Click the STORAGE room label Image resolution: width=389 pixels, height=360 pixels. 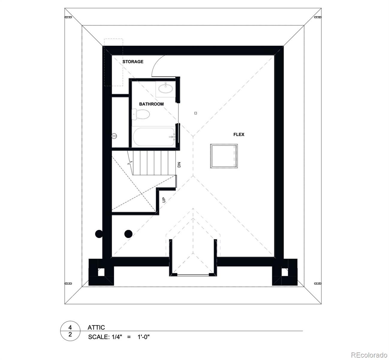pos(133,61)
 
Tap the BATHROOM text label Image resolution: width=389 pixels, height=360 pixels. pos(151,104)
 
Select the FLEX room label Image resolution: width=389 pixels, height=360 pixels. pos(239,134)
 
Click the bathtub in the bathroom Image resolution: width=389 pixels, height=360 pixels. pos(154,137)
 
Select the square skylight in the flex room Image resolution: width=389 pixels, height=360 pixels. pos(224,156)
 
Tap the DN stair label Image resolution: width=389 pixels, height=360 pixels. pos(179,164)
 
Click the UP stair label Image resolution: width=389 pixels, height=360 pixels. pos(164,199)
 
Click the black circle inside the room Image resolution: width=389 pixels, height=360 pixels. pos(128,233)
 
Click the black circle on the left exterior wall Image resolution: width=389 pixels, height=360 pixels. pos(99,234)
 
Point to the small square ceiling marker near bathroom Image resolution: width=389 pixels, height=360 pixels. pos(195,113)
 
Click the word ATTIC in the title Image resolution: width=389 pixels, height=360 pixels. pos(96,327)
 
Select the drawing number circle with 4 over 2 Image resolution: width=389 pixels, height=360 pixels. pos(70,331)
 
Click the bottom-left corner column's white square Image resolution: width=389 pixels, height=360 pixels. pos(101,272)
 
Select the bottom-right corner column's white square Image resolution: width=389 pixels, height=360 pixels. pos(284,272)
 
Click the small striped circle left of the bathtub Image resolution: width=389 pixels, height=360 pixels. pos(114,136)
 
